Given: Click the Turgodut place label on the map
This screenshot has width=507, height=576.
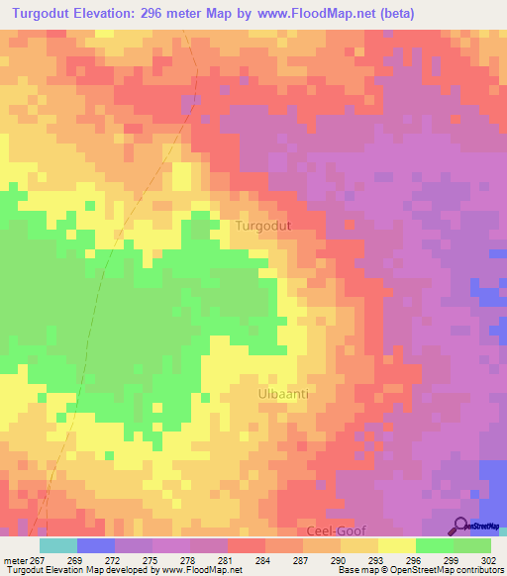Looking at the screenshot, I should (262, 226).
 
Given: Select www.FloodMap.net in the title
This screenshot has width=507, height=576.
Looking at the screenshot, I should (306, 13).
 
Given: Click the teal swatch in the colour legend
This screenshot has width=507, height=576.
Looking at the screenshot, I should (57, 545).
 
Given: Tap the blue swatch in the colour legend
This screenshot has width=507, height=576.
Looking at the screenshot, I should (95, 545).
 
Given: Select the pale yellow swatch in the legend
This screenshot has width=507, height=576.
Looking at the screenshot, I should (396, 545).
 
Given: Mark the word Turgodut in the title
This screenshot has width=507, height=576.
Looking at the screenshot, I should (46, 13).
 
